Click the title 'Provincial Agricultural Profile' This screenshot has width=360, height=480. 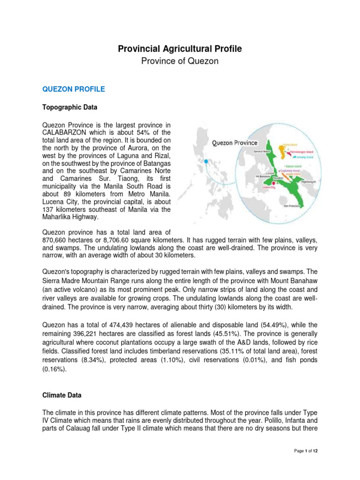tap(180, 49)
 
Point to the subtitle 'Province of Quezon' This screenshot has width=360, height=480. tap(180, 61)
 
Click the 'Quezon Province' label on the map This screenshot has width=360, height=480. tap(234, 142)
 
